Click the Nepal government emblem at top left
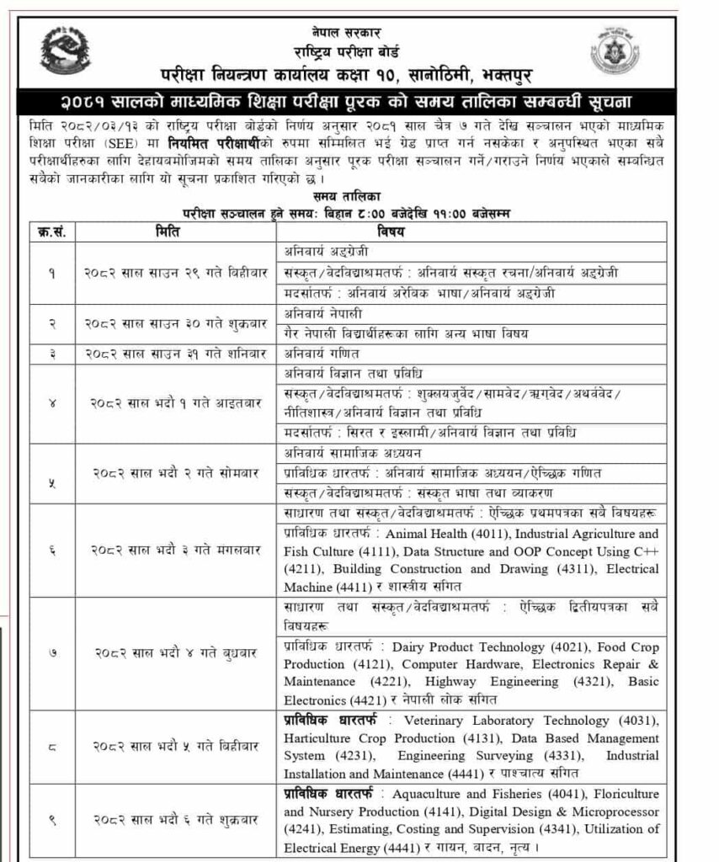tap(65, 50)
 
